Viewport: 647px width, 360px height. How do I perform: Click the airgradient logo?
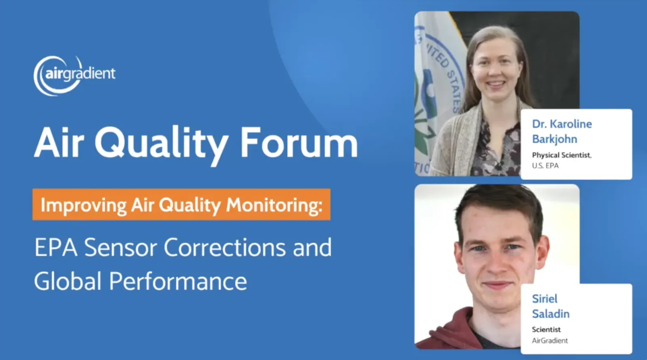tap(74, 75)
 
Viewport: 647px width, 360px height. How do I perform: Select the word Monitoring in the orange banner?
tap(274, 205)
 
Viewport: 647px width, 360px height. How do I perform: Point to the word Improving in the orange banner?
tap(84, 205)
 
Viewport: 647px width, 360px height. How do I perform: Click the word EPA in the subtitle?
tap(56, 248)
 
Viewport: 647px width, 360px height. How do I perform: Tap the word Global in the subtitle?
tap(68, 282)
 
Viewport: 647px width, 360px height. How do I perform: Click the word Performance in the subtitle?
tap(178, 282)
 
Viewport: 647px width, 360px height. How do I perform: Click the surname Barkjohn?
tap(554, 139)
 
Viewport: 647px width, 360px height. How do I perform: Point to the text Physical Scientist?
tap(561, 155)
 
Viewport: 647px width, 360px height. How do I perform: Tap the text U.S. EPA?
tap(545, 166)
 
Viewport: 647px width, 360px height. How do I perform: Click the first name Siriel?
tap(544, 299)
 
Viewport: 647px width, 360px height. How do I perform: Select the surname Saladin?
tap(550, 314)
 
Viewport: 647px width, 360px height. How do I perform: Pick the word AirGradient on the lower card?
tap(550, 341)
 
